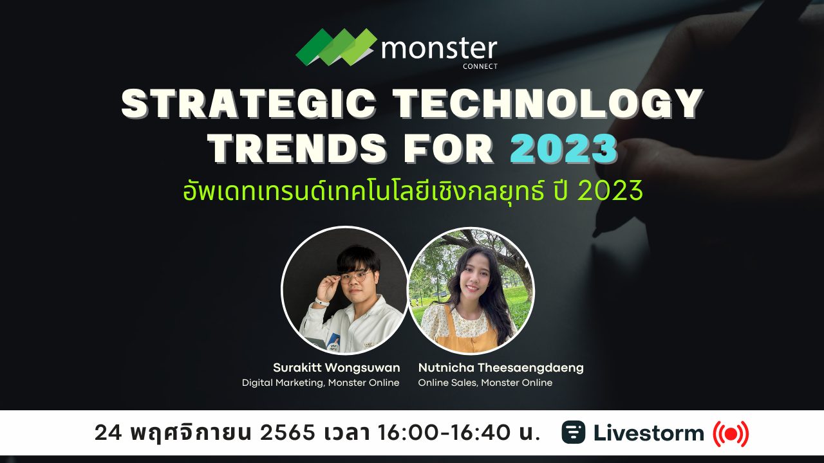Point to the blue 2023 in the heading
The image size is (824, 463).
coord(563,149)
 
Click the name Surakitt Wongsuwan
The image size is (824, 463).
coord(336,368)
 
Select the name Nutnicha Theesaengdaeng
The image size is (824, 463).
coord(501,368)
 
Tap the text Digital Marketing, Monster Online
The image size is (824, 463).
coord(321,383)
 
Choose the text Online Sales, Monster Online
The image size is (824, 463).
coord(485,383)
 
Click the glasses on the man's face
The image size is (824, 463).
coord(353,277)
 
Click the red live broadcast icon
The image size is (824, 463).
coord(731,434)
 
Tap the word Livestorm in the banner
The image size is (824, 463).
coord(649,433)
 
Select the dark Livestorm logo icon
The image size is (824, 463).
coord(573,433)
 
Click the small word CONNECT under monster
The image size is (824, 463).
coord(480,66)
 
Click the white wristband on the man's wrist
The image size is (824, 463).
coord(322,301)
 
